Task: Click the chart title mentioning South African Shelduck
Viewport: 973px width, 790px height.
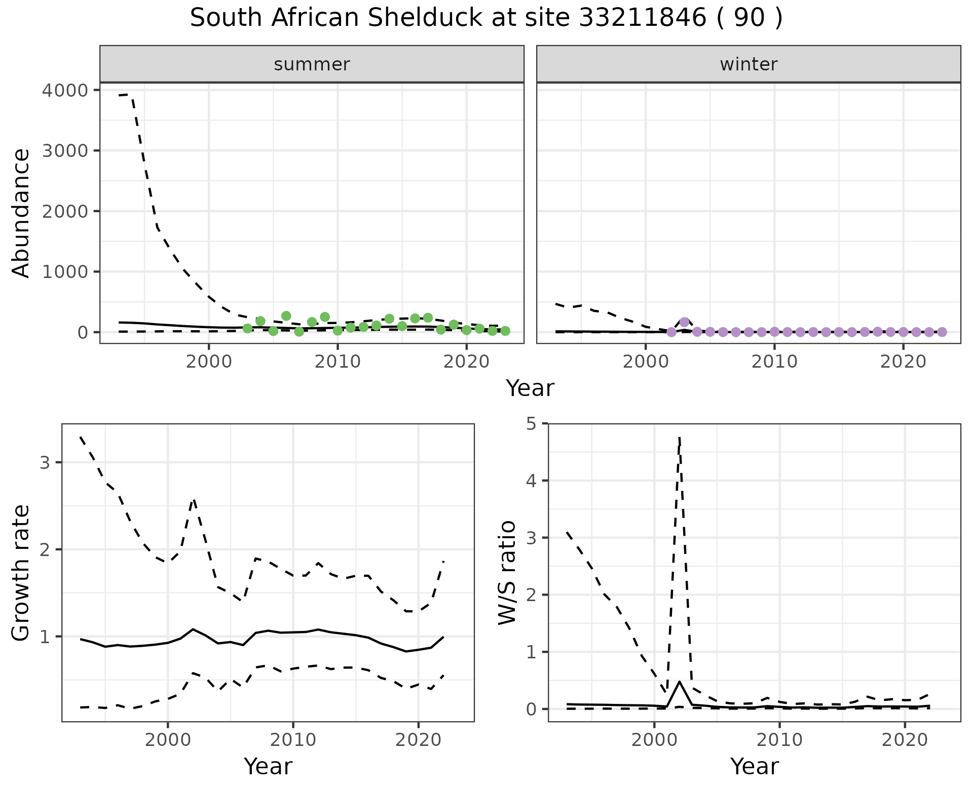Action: pyautogui.click(x=486, y=19)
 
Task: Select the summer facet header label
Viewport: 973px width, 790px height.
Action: pyautogui.click(x=312, y=64)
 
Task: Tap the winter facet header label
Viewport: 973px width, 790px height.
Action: pyautogui.click(x=749, y=64)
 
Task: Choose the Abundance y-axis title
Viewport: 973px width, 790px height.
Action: pyautogui.click(x=21, y=213)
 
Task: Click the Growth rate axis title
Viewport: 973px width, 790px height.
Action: pyautogui.click(x=21, y=573)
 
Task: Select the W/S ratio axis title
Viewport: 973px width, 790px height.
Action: pyautogui.click(x=507, y=573)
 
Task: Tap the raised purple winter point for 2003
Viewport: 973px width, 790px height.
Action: pyautogui.click(x=684, y=322)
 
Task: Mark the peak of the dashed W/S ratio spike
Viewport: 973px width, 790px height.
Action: pyautogui.click(x=679, y=437)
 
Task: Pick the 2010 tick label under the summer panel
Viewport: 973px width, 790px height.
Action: pyautogui.click(x=338, y=362)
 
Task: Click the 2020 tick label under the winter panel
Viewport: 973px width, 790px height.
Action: pyautogui.click(x=903, y=362)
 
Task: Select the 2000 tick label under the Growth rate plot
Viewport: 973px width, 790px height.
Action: pyautogui.click(x=167, y=740)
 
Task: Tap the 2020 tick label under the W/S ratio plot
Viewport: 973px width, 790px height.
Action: pyautogui.click(x=905, y=740)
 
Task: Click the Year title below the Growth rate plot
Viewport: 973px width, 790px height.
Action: pyautogui.click(x=268, y=767)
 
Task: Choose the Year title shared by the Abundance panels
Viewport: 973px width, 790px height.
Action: pyautogui.click(x=530, y=388)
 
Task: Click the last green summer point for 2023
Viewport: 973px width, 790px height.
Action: pyautogui.click(x=505, y=331)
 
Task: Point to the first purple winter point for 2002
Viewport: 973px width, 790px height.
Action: pyautogui.click(x=671, y=332)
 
